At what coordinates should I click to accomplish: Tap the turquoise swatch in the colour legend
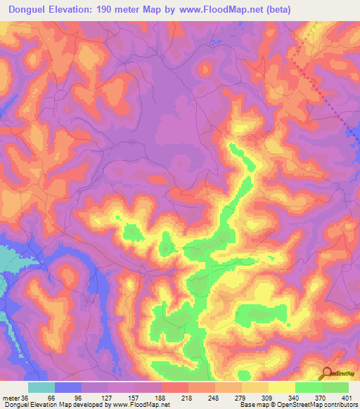(41, 387)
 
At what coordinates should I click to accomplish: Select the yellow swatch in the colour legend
(282, 387)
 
